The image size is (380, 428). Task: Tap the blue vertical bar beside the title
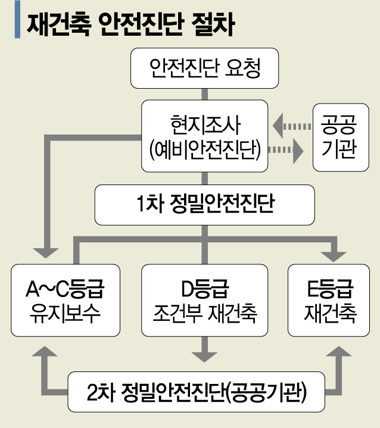coord(17,23)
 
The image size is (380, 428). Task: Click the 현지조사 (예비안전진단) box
coord(205,136)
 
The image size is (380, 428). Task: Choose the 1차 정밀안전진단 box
coord(205,204)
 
